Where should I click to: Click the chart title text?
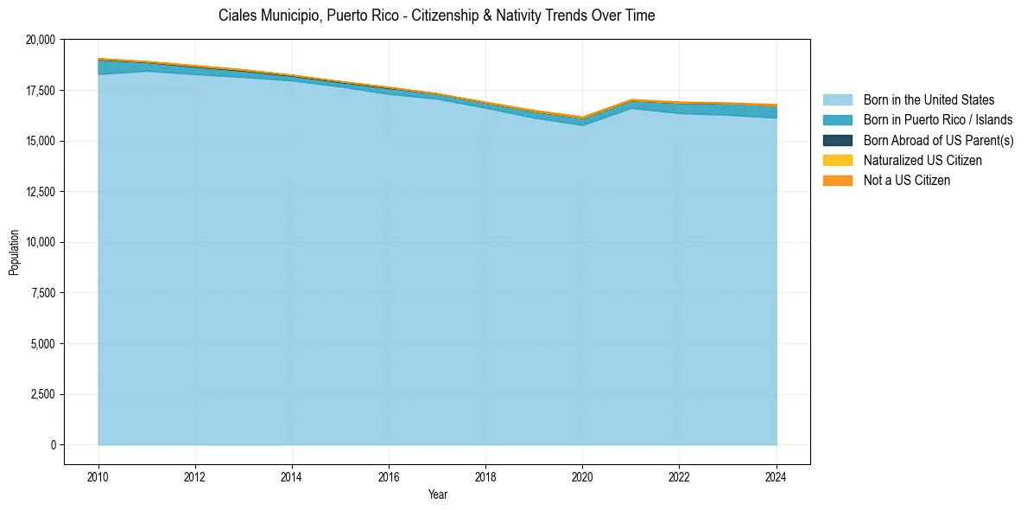click(436, 16)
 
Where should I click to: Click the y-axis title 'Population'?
click(14, 252)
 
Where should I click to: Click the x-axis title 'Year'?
click(437, 494)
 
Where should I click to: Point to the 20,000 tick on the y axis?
click(41, 40)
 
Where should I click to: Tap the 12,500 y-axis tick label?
click(41, 192)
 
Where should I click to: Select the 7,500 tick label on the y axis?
click(43, 293)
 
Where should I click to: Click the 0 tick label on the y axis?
click(53, 445)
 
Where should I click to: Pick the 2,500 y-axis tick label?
click(43, 395)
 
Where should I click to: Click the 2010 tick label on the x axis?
click(98, 475)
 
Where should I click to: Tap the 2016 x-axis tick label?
click(389, 475)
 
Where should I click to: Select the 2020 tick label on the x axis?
click(582, 475)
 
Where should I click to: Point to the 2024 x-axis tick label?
click(777, 475)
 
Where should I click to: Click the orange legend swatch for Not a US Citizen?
click(837, 181)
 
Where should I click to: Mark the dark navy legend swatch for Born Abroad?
click(837, 140)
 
